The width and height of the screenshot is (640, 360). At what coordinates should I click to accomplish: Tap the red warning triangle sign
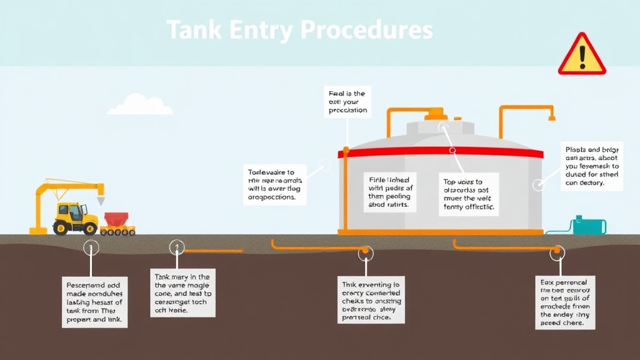(x=581, y=56)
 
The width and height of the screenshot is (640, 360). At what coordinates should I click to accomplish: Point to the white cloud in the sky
(x=139, y=106)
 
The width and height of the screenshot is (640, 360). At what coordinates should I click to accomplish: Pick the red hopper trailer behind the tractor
(x=116, y=220)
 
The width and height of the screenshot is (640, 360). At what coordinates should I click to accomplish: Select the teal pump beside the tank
(x=589, y=226)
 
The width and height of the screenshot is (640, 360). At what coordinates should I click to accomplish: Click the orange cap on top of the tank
(x=434, y=114)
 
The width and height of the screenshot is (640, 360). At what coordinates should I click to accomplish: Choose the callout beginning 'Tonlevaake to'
(x=274, y=184)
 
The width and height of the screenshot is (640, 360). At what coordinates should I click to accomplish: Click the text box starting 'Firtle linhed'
(x=389, y=191)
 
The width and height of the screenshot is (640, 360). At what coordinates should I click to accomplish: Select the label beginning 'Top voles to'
(x=468, y=194)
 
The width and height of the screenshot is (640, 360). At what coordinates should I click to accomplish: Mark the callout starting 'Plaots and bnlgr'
(x=591, y=166)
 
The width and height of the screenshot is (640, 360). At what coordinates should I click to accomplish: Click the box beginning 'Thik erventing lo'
(x=371, y=299)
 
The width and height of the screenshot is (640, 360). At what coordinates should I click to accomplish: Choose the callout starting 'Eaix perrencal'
(x=565, y=302)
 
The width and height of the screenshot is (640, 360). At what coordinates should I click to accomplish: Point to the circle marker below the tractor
(x=91, y=247)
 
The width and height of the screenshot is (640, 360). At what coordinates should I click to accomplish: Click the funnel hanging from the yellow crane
(x=100, y=200)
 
